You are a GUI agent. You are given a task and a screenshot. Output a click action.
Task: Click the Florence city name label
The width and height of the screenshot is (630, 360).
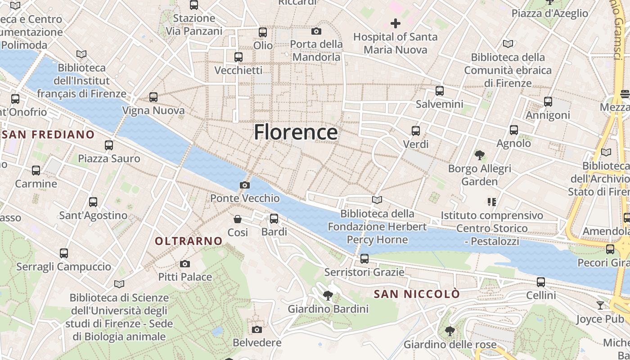coord(296,132)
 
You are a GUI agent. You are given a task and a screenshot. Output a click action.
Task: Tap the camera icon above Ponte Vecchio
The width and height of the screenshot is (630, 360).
coord(245,185)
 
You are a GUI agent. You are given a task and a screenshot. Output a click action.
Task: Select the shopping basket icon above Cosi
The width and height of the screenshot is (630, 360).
coord(238,219)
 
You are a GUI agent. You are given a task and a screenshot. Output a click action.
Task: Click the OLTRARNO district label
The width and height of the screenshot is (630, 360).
coord(189,241)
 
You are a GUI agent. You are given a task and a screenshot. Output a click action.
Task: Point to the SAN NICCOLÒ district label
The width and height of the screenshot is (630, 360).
coord(417,294)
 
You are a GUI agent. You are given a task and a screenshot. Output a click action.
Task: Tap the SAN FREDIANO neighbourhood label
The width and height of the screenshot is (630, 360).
coord(48,135)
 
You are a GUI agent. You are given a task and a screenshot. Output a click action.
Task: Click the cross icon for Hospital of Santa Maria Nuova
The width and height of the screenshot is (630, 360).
coord(395,23)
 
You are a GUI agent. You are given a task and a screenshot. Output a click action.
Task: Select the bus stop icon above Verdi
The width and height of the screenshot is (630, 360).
coord(416,131)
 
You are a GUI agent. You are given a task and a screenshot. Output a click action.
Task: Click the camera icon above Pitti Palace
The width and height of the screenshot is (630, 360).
coord(184,264)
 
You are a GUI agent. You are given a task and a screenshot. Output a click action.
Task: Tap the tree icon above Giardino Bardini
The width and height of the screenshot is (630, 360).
coord(328,296)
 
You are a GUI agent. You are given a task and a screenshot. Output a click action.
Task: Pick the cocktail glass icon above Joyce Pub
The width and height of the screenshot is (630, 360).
coord(600,306)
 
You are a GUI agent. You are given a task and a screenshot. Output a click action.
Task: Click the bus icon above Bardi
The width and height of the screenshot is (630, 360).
coord(274,219)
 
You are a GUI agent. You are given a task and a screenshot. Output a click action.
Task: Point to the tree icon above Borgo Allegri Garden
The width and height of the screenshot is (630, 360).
coord(480,155)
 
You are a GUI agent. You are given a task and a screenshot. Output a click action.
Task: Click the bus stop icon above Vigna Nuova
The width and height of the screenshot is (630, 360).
coord(153,97)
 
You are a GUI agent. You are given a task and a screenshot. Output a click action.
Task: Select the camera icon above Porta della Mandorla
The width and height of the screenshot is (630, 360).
coord(316,31)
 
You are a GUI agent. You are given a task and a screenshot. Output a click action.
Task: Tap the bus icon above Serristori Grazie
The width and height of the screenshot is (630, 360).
coord(364,259)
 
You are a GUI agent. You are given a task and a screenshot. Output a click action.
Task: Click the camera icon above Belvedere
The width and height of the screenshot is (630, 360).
coord(257,329)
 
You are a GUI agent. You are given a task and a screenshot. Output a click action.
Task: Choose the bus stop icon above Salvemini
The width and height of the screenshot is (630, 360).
coord(440,91)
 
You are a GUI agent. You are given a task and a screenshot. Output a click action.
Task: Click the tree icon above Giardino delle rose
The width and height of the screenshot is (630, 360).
coord(450,331)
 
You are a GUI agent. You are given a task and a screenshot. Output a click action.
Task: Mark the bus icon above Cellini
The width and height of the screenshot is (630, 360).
coord(541,282)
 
